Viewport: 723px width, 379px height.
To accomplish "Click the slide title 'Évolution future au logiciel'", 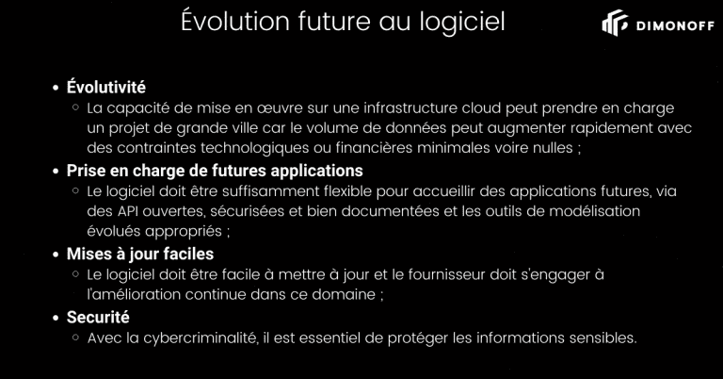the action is tap(343, 22).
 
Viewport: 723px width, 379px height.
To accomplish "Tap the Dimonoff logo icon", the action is tap(615, 23).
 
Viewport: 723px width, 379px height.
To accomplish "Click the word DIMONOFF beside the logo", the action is tap(675, 25).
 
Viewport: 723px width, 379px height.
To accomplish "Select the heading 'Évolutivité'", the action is tap(106, 87).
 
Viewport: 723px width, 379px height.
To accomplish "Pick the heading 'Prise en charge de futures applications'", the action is tap(215, 171).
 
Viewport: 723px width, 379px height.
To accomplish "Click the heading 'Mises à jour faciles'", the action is tap(140, 254).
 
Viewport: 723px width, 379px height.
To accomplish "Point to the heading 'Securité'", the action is tap(98, 317).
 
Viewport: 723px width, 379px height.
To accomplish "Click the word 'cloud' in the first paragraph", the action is tap(481, 108).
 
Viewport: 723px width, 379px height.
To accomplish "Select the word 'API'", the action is tap(127, 211).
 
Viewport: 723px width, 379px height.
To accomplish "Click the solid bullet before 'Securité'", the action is tap(56, 318).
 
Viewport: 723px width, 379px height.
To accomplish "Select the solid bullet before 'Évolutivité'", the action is tap(56, 88).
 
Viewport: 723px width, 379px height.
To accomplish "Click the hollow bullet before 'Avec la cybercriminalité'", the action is tap(75, 338).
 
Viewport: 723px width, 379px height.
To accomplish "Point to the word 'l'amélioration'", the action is tap(134, 294).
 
